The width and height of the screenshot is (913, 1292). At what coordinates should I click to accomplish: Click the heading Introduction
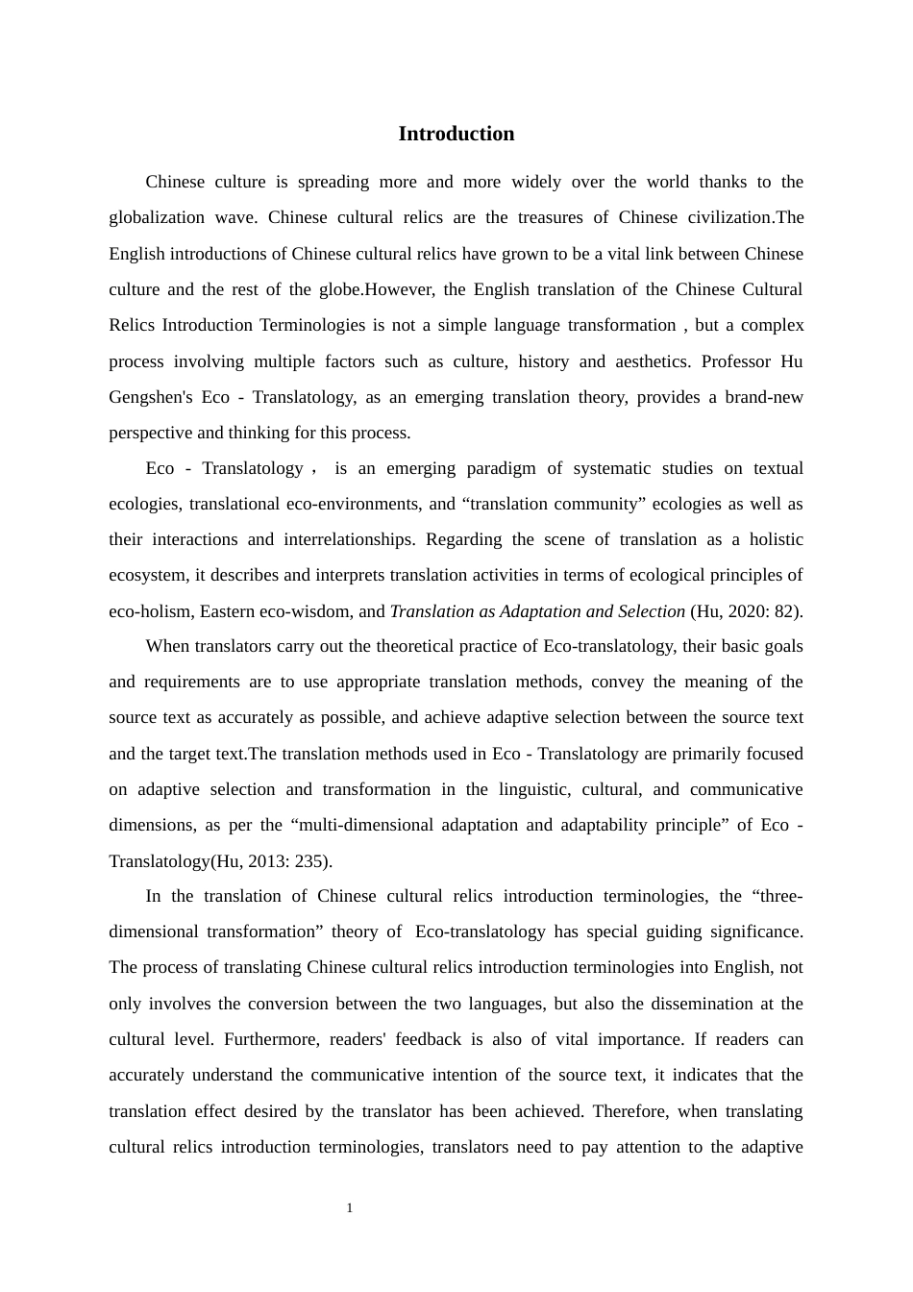coord(456,134)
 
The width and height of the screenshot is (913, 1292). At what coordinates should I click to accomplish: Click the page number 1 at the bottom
coord(350,1208)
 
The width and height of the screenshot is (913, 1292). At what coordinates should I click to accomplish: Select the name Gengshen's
coord(149,397)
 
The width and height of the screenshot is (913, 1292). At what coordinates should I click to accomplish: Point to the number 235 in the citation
coord(308,860)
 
